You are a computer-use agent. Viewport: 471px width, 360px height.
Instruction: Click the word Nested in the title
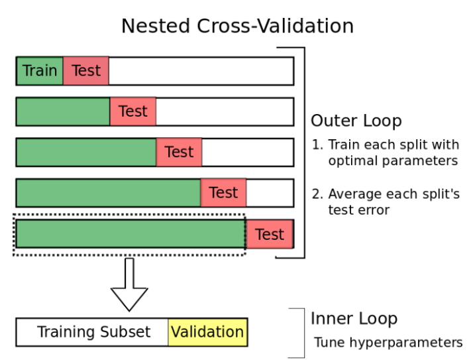pos(156,26)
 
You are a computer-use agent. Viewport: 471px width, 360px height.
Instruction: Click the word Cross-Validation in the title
pos(275,26)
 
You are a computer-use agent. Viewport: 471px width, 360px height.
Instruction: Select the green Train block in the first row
pos(40,71)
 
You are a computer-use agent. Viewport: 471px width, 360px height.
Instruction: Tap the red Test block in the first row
pos(86,71)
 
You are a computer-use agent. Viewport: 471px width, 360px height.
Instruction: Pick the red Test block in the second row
pos(133,111)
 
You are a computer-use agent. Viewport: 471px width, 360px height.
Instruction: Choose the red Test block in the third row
pos(179,152)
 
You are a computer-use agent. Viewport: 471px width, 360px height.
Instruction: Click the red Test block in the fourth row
pos(223,193)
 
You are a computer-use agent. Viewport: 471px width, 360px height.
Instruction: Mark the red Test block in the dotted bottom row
pos(270,234)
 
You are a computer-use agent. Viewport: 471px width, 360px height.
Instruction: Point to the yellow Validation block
pos(207,332)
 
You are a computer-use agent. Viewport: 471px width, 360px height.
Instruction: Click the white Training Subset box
pos(92,332)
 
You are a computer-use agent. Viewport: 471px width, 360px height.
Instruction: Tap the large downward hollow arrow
pos(129,284)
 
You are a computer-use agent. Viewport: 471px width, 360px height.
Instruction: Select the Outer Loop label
pos(356,121)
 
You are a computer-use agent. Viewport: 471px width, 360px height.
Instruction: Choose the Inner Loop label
pos(354,319)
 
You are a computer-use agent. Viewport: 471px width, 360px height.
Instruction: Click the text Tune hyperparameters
pos(388,343)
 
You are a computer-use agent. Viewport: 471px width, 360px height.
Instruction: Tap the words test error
pos(359,210)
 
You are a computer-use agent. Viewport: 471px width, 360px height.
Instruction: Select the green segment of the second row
pos(63,111)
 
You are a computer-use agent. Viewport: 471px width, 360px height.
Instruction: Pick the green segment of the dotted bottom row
pos(131,234)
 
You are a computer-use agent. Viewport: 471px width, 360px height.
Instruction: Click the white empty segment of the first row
pos(201,71)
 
